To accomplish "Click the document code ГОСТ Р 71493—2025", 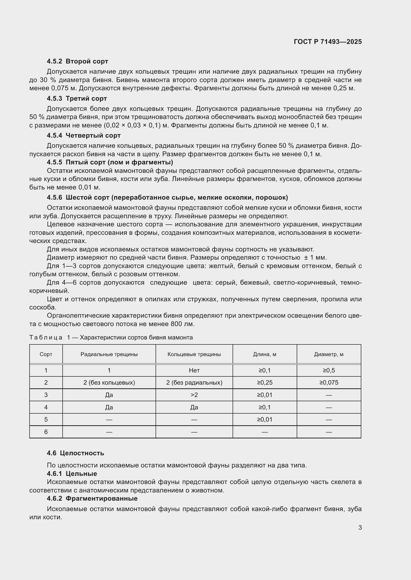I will (x=328, y=42).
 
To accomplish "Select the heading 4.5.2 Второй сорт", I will (x=77, y=61).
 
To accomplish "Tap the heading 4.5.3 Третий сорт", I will (x=77, y=98).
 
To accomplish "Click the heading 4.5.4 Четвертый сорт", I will (x=83, y=135).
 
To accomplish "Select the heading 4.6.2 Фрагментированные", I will (x=92, y=498).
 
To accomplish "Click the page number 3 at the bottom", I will (x=360, y=527).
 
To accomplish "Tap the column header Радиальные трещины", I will (x=109, y=354).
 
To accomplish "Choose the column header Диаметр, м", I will (x=329, y=354).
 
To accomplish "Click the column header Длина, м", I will (x=264, y=354).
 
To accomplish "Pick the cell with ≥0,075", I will (x=329, y=382).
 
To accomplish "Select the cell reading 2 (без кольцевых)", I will (x=109, y=382).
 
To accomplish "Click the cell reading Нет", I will (x=194, y=370).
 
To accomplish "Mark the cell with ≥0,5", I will (x=329, y=370).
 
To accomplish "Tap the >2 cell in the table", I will (x=194, y=395).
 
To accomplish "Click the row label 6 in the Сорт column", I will (x=46, y=432).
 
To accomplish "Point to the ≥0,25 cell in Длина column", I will (x=264, y=382).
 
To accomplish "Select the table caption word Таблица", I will (x=45, y=337).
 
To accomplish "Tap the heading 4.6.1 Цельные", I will (x=72, y=473).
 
